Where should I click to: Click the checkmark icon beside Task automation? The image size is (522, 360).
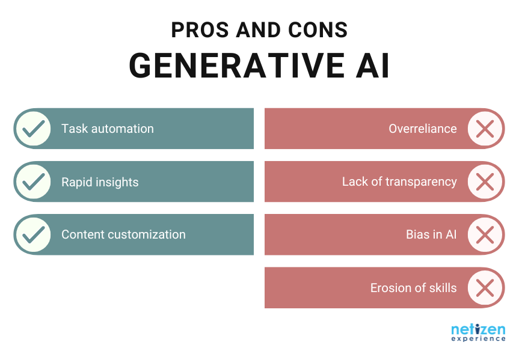pyautogui.click(x=33, y=129)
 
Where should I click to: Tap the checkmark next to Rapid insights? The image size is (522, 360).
pyautogui.click(x=33, y=182)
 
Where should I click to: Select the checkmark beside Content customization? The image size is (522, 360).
pyautogui.click(x=33, y=234)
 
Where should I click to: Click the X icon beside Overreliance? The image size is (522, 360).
pyautogui.click(x=485, y=129)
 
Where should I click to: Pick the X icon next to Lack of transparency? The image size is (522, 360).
pyautogui.click(x=485, y=182)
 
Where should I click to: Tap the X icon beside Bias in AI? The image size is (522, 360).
pyautogui.click(x=485, y=234)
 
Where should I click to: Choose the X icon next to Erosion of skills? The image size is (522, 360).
pyautogui.click(x=485, y=288)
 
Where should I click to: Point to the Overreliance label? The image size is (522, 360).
pyautogui.click(x=422, y=129)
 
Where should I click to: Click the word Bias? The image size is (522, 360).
pyautogui.click(x=418, y=234)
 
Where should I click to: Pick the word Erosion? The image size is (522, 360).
pyautogui.click(x=390, y=288)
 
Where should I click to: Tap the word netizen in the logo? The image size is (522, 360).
pyautogui.click(x=478, y=329)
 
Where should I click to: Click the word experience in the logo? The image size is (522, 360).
pyautogui.click(x=478, y=339)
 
